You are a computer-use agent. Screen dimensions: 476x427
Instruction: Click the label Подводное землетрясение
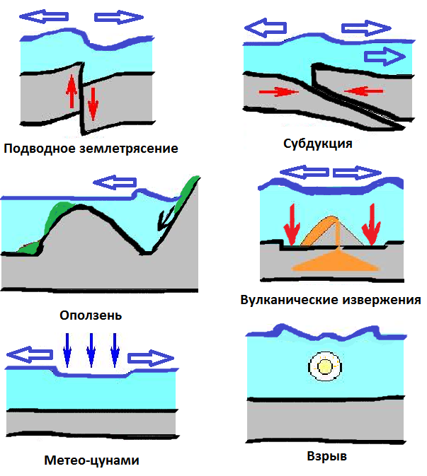(x=90, y=149)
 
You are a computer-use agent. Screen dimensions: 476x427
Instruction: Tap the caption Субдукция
(x=317, y=144)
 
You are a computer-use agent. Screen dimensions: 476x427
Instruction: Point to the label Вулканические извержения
(x=331, y=300)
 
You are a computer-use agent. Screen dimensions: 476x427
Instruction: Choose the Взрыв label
(x=324, y=456)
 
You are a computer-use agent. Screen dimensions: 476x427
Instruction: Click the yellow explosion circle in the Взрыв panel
(x=324, y=367)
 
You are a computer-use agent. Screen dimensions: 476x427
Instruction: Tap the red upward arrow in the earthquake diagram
(x=71, y=92)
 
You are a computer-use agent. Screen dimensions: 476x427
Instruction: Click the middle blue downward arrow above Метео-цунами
(x=91, y=349)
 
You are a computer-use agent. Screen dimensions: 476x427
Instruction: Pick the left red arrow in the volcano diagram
(x=290, y=222)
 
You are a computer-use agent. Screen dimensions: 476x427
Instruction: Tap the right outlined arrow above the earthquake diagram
(x=118, y=17)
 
